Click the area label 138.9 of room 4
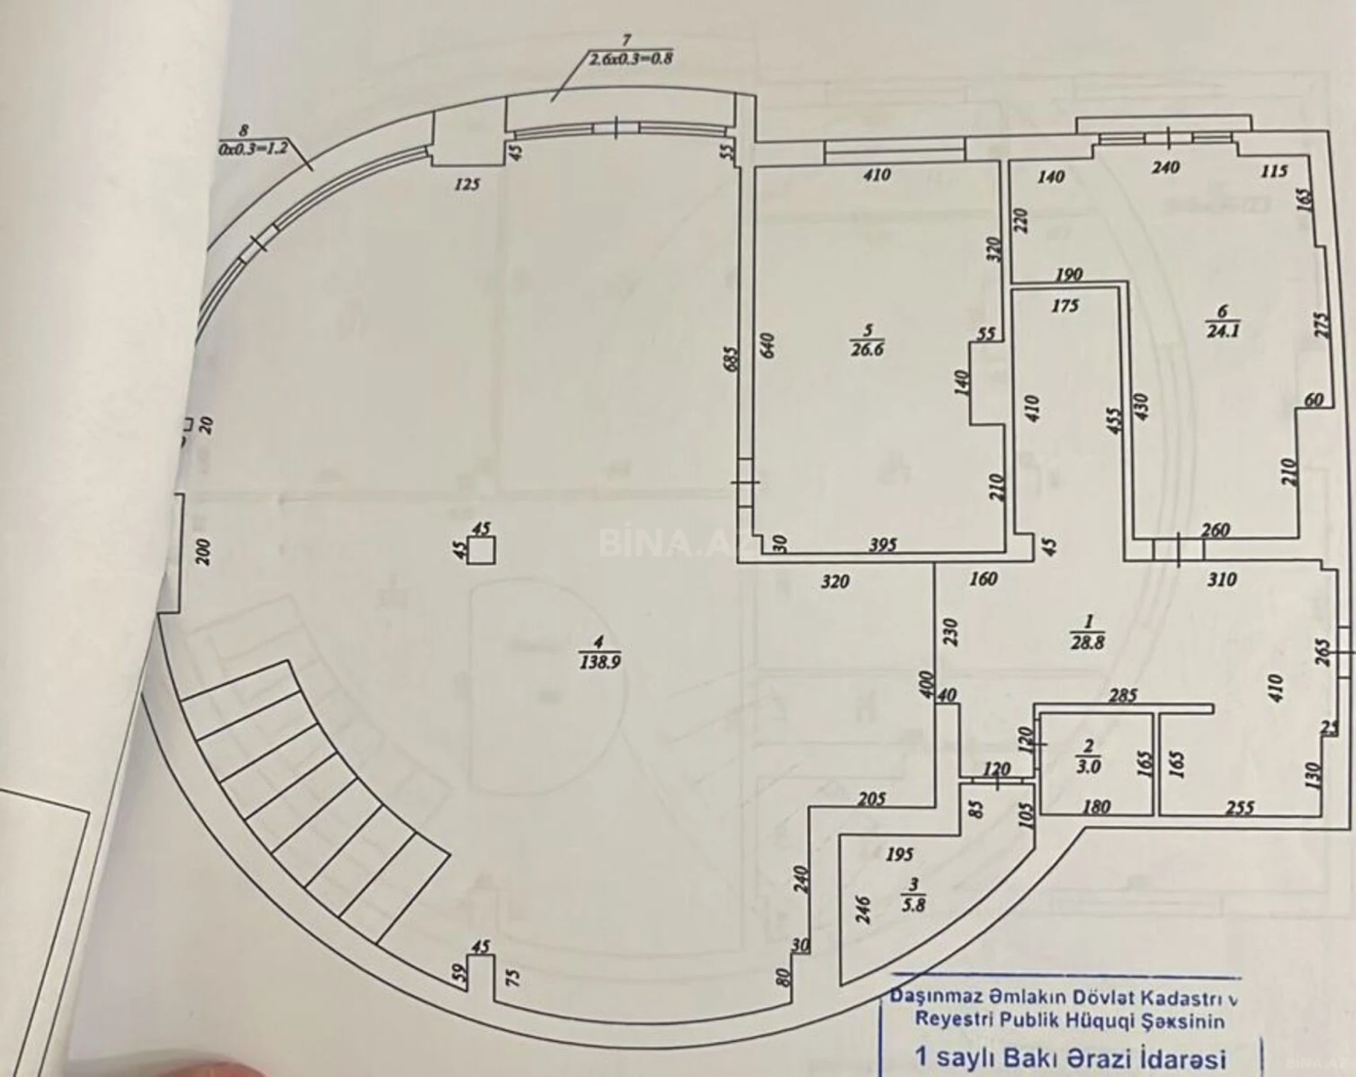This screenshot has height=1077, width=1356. pos(599,662)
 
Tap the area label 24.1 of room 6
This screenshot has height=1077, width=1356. pos(1223,331)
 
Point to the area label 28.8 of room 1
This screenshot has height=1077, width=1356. pos(1087,642)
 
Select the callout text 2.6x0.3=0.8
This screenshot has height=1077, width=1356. pos(631,59)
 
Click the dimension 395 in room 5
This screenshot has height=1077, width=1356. pos(883,545)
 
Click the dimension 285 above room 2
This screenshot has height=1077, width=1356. pos(1123,695)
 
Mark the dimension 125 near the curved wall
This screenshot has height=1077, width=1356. pos(467,183)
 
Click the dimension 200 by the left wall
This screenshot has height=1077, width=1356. pos(203,552)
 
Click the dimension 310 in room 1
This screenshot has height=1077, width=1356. pos(1221,580)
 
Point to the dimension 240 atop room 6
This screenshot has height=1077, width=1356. pos(1165,166)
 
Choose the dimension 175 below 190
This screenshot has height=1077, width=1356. pos(1064,306)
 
